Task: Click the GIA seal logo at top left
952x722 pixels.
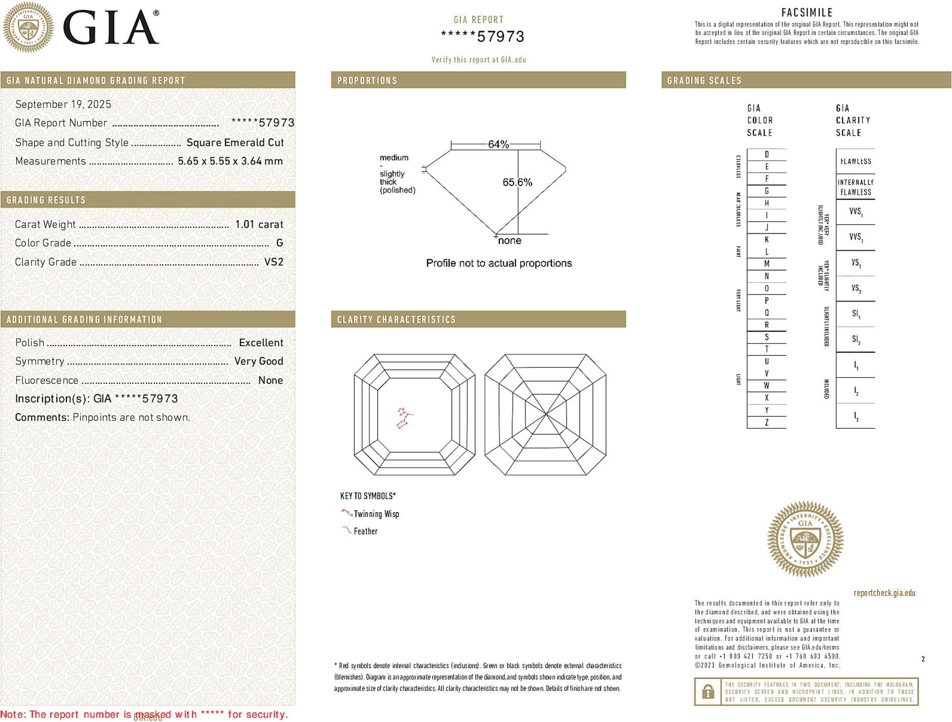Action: pyautogui.click(x=28, y=27)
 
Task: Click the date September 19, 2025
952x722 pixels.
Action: pyautogui.click(x=63, y=105)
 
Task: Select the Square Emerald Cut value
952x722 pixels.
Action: pyautogui.click(x=235, y=143)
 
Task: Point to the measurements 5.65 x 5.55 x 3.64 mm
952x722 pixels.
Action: pyautogui.click(x=230, y=161)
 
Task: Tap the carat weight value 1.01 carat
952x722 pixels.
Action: pyautogui.click(x=259, y=224)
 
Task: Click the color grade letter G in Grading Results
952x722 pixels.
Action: pyautogui.click(x=280, y=243)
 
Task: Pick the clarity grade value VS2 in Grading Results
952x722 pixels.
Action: pyautogui.click(x=273, y=262)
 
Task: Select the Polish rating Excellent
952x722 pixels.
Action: pyautogui.click(x=261, y=343)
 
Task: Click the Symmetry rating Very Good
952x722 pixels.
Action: pyautogui.click(x=258, y=362)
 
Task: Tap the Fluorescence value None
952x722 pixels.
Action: pyautogui.click(x=270, y=380)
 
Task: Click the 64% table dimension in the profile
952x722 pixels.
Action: pyautogui.click(x=498, y=144)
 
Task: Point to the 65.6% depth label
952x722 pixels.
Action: pyautogui.click(x=517, y=182)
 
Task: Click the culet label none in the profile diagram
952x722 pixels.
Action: pyautogui.click(x=509, y=241)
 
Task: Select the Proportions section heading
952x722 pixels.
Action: pyautogui.click(x=367, y=81)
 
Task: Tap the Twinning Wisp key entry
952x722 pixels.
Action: pyautogui.click(x=376, y=514)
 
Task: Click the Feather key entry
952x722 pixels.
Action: pyautogui.click(x=365, y=532)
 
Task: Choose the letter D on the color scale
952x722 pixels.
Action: pyautogui.click(x=766, y=154)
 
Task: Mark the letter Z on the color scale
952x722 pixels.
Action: pyautogui.click(x=766, y=422)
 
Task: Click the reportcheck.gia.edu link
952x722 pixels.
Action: pyautogui.click(x=884, y=593)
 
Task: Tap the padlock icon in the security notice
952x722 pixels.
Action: pyautogui.click(x=708, y=692)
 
